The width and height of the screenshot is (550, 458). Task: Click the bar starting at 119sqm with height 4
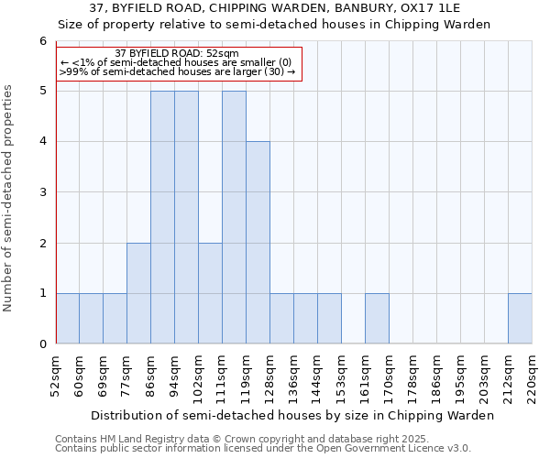tap(258, 243)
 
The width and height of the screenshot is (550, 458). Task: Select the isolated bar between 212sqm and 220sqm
tap(520, 319)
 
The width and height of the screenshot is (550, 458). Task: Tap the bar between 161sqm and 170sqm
tap(377, 319)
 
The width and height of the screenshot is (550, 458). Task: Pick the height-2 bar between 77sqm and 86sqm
tap(138, 293)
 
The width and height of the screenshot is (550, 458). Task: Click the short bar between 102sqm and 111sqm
tap(210, 293)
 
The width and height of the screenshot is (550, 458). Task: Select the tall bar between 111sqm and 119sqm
tap(234, 217)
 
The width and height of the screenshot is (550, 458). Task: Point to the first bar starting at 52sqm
tap(67, 319)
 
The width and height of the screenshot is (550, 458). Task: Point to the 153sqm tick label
tap(341, 376)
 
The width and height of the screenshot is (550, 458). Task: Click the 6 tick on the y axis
tap(42, 41)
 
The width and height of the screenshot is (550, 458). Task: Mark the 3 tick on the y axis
tap(42, 192)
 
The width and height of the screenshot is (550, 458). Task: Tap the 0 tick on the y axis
tap(42, 344)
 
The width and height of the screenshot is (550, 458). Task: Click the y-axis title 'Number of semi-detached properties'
tap(9, 198)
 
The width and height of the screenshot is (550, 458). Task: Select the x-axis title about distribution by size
tap(293, 415)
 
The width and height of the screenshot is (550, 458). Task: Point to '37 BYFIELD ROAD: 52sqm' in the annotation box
tap(177, 53)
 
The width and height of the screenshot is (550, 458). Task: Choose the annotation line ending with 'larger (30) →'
tap(177, 71)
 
